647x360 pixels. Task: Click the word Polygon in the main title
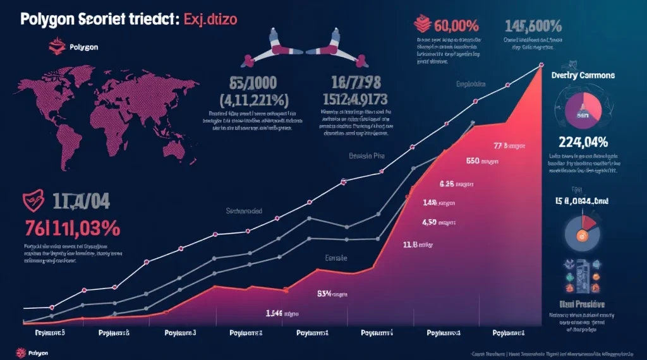[48, 20]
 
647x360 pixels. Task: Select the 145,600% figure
[533, 26]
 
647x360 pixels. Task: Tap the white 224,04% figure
[583, 141]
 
